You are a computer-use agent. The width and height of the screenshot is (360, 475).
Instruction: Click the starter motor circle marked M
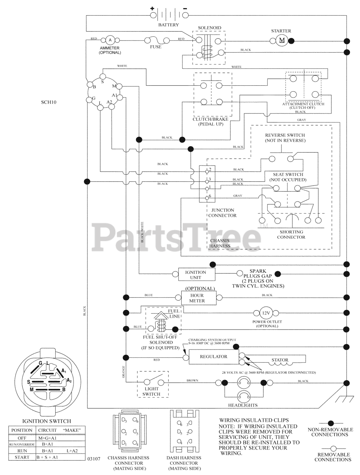coord(281,40)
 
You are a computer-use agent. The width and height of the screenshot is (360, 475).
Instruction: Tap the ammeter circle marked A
coord(110,40)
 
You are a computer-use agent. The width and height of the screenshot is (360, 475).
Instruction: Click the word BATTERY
coord(168,25)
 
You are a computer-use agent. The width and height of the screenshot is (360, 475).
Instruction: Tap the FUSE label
coord(156,47)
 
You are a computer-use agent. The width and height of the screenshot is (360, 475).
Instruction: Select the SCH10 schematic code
coord(49,102)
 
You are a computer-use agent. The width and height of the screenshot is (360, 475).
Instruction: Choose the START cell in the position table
coord(22,457)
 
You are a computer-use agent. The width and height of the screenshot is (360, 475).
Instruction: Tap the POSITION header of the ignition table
coord(22,430)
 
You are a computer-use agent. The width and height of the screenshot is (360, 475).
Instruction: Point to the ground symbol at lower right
coord(347,399)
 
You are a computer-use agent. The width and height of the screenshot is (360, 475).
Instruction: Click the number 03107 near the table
coord(94,459)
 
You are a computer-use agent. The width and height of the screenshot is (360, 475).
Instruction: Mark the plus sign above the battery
coord(152,9)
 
